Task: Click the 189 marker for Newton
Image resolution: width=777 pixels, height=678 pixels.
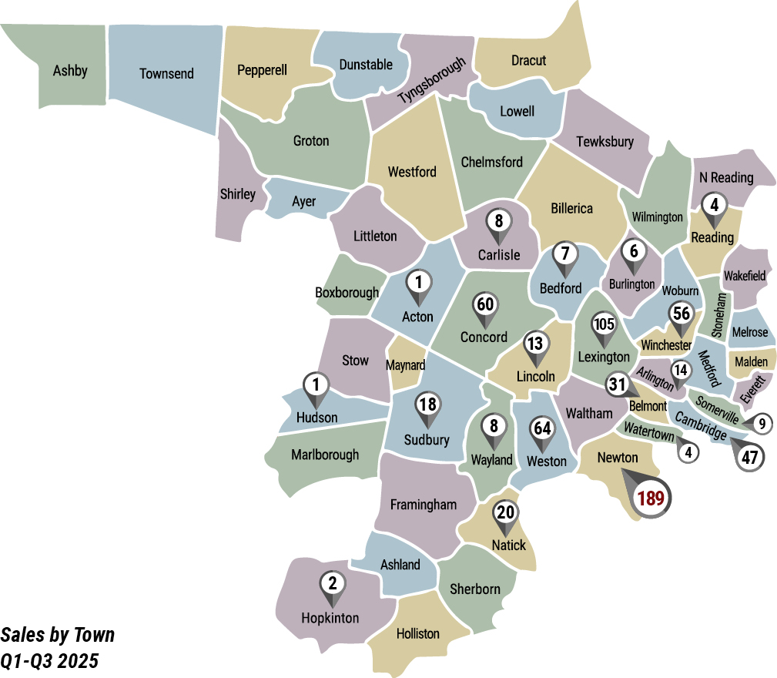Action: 651,498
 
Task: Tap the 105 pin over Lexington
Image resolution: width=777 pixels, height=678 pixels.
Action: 603,324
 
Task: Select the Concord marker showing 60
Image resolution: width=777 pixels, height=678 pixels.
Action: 484,304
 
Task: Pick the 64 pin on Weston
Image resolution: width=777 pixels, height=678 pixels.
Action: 542,428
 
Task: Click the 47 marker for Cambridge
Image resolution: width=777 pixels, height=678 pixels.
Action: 750,456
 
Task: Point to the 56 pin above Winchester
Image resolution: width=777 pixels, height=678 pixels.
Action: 681,313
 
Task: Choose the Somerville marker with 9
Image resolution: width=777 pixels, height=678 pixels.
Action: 762,422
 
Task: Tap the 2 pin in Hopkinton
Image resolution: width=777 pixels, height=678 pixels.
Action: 332,582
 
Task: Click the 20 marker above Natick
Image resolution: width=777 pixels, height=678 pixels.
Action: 505,513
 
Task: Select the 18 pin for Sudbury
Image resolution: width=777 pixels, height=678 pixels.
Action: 427,404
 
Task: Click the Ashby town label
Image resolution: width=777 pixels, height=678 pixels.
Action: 70,71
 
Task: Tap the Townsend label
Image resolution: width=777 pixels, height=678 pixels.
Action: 166,74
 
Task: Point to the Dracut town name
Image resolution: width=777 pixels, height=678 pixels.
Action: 528,60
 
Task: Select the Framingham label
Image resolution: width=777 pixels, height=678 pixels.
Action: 423,505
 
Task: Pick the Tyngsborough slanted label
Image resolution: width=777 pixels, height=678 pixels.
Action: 432,81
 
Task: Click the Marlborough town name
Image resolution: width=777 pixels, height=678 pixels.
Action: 324,455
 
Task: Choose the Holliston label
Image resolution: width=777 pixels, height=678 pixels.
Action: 418,633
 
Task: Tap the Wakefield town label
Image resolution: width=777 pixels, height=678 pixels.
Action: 744,275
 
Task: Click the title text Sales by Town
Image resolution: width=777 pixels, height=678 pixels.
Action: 58,635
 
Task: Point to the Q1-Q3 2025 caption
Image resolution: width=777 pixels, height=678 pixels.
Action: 50,661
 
